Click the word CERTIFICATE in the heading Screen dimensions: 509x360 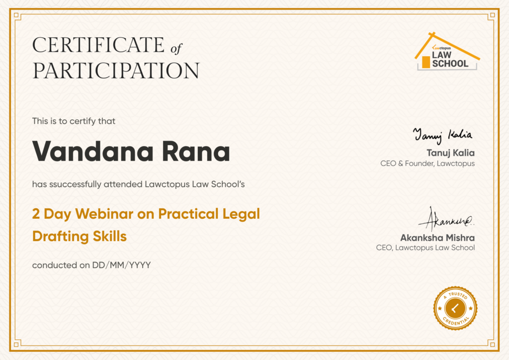[98, 45]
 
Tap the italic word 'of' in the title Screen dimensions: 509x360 [176, 48]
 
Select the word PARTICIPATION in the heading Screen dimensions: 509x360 [116, 71]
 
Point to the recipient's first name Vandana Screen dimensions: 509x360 [93, 151]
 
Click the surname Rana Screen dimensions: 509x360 [196, 152]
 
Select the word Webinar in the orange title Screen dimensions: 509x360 [104, 214]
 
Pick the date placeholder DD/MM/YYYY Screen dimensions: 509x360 [121, 265]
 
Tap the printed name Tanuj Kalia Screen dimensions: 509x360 [450, 153]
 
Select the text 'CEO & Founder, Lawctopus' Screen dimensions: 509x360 [427, 163]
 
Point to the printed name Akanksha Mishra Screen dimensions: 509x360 [437, 238]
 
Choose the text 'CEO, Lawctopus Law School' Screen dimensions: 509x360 [425, 248]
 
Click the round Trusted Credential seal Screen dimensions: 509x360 [455, 308]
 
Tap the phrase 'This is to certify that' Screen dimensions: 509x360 [74, 121]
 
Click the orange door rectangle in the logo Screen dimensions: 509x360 [426, 62]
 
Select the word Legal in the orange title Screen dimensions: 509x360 [241, 214]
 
